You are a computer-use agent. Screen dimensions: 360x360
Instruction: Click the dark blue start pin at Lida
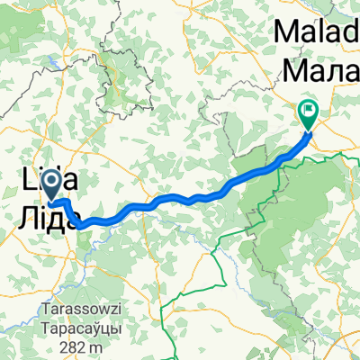[54, 186]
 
